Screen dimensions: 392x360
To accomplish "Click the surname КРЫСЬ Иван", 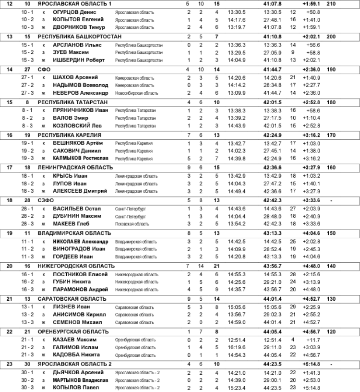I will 70,175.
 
